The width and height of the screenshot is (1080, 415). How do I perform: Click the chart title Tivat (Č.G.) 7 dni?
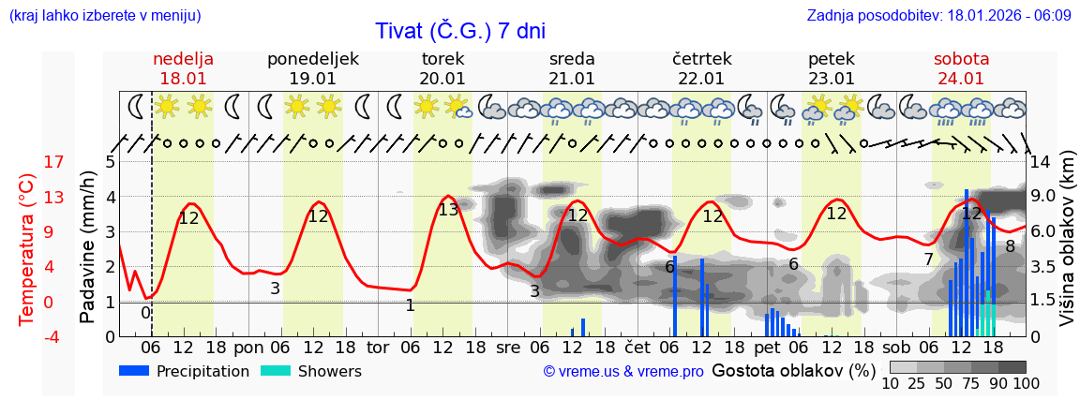point(460,31)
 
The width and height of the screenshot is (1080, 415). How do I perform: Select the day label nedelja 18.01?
point(184,68)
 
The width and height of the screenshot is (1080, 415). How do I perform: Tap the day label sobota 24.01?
point(961,68)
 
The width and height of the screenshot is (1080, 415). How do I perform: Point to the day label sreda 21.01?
point(572,68)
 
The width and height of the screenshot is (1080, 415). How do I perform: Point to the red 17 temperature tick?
point(28,162)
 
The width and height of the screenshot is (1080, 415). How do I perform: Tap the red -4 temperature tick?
point(28,336)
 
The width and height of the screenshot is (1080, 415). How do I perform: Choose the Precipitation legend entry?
point(184,371)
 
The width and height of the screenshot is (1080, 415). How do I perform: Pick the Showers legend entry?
point(311,371)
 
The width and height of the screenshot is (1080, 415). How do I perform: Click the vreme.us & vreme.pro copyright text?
point(623,371)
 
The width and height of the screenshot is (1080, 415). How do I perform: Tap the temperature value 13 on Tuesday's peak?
point(448,210)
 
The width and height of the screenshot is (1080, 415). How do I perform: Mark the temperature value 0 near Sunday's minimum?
point(145,312)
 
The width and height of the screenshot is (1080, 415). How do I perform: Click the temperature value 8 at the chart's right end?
point(1010,246)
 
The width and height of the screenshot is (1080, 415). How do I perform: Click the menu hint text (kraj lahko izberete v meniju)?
point(104,15)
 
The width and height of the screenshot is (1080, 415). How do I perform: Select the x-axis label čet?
point(637,346)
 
